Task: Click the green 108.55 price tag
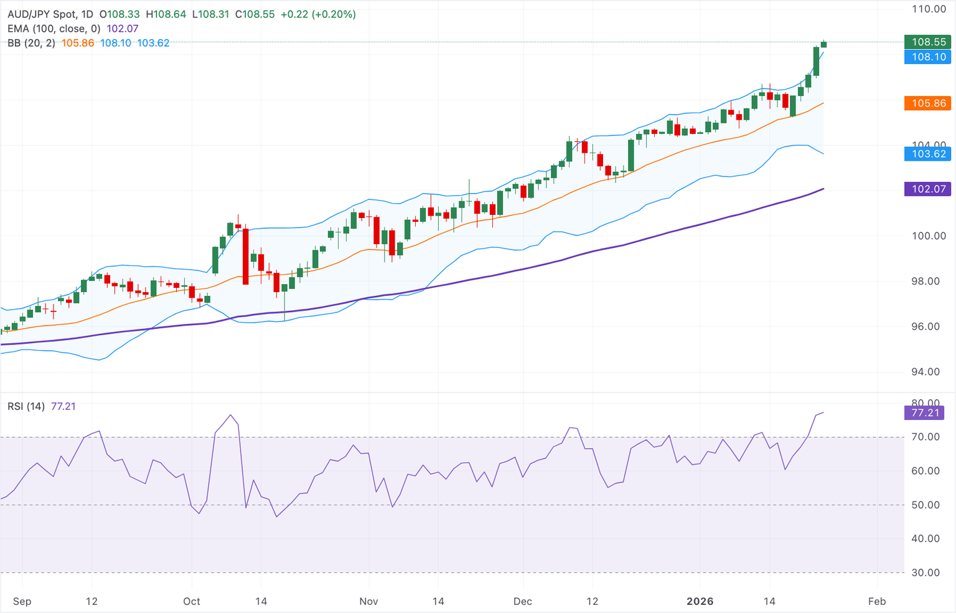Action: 928,42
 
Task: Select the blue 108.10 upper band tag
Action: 928,57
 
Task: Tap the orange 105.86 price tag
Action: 928,103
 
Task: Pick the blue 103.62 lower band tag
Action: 928,154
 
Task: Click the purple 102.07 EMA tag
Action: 928,189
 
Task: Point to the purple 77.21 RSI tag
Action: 924,412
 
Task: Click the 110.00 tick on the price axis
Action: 929,9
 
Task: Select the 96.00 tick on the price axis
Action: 929,326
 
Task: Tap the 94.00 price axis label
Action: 929,372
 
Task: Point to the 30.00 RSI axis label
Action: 926,573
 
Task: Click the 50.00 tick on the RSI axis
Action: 926,505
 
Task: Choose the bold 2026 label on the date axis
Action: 700,601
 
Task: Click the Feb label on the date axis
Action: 876,601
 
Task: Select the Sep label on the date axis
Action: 22,601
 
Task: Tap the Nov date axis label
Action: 368,601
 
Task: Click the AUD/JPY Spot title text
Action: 43,14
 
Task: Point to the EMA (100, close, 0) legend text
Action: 54,29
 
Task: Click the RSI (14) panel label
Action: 26,406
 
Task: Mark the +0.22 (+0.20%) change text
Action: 318,14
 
